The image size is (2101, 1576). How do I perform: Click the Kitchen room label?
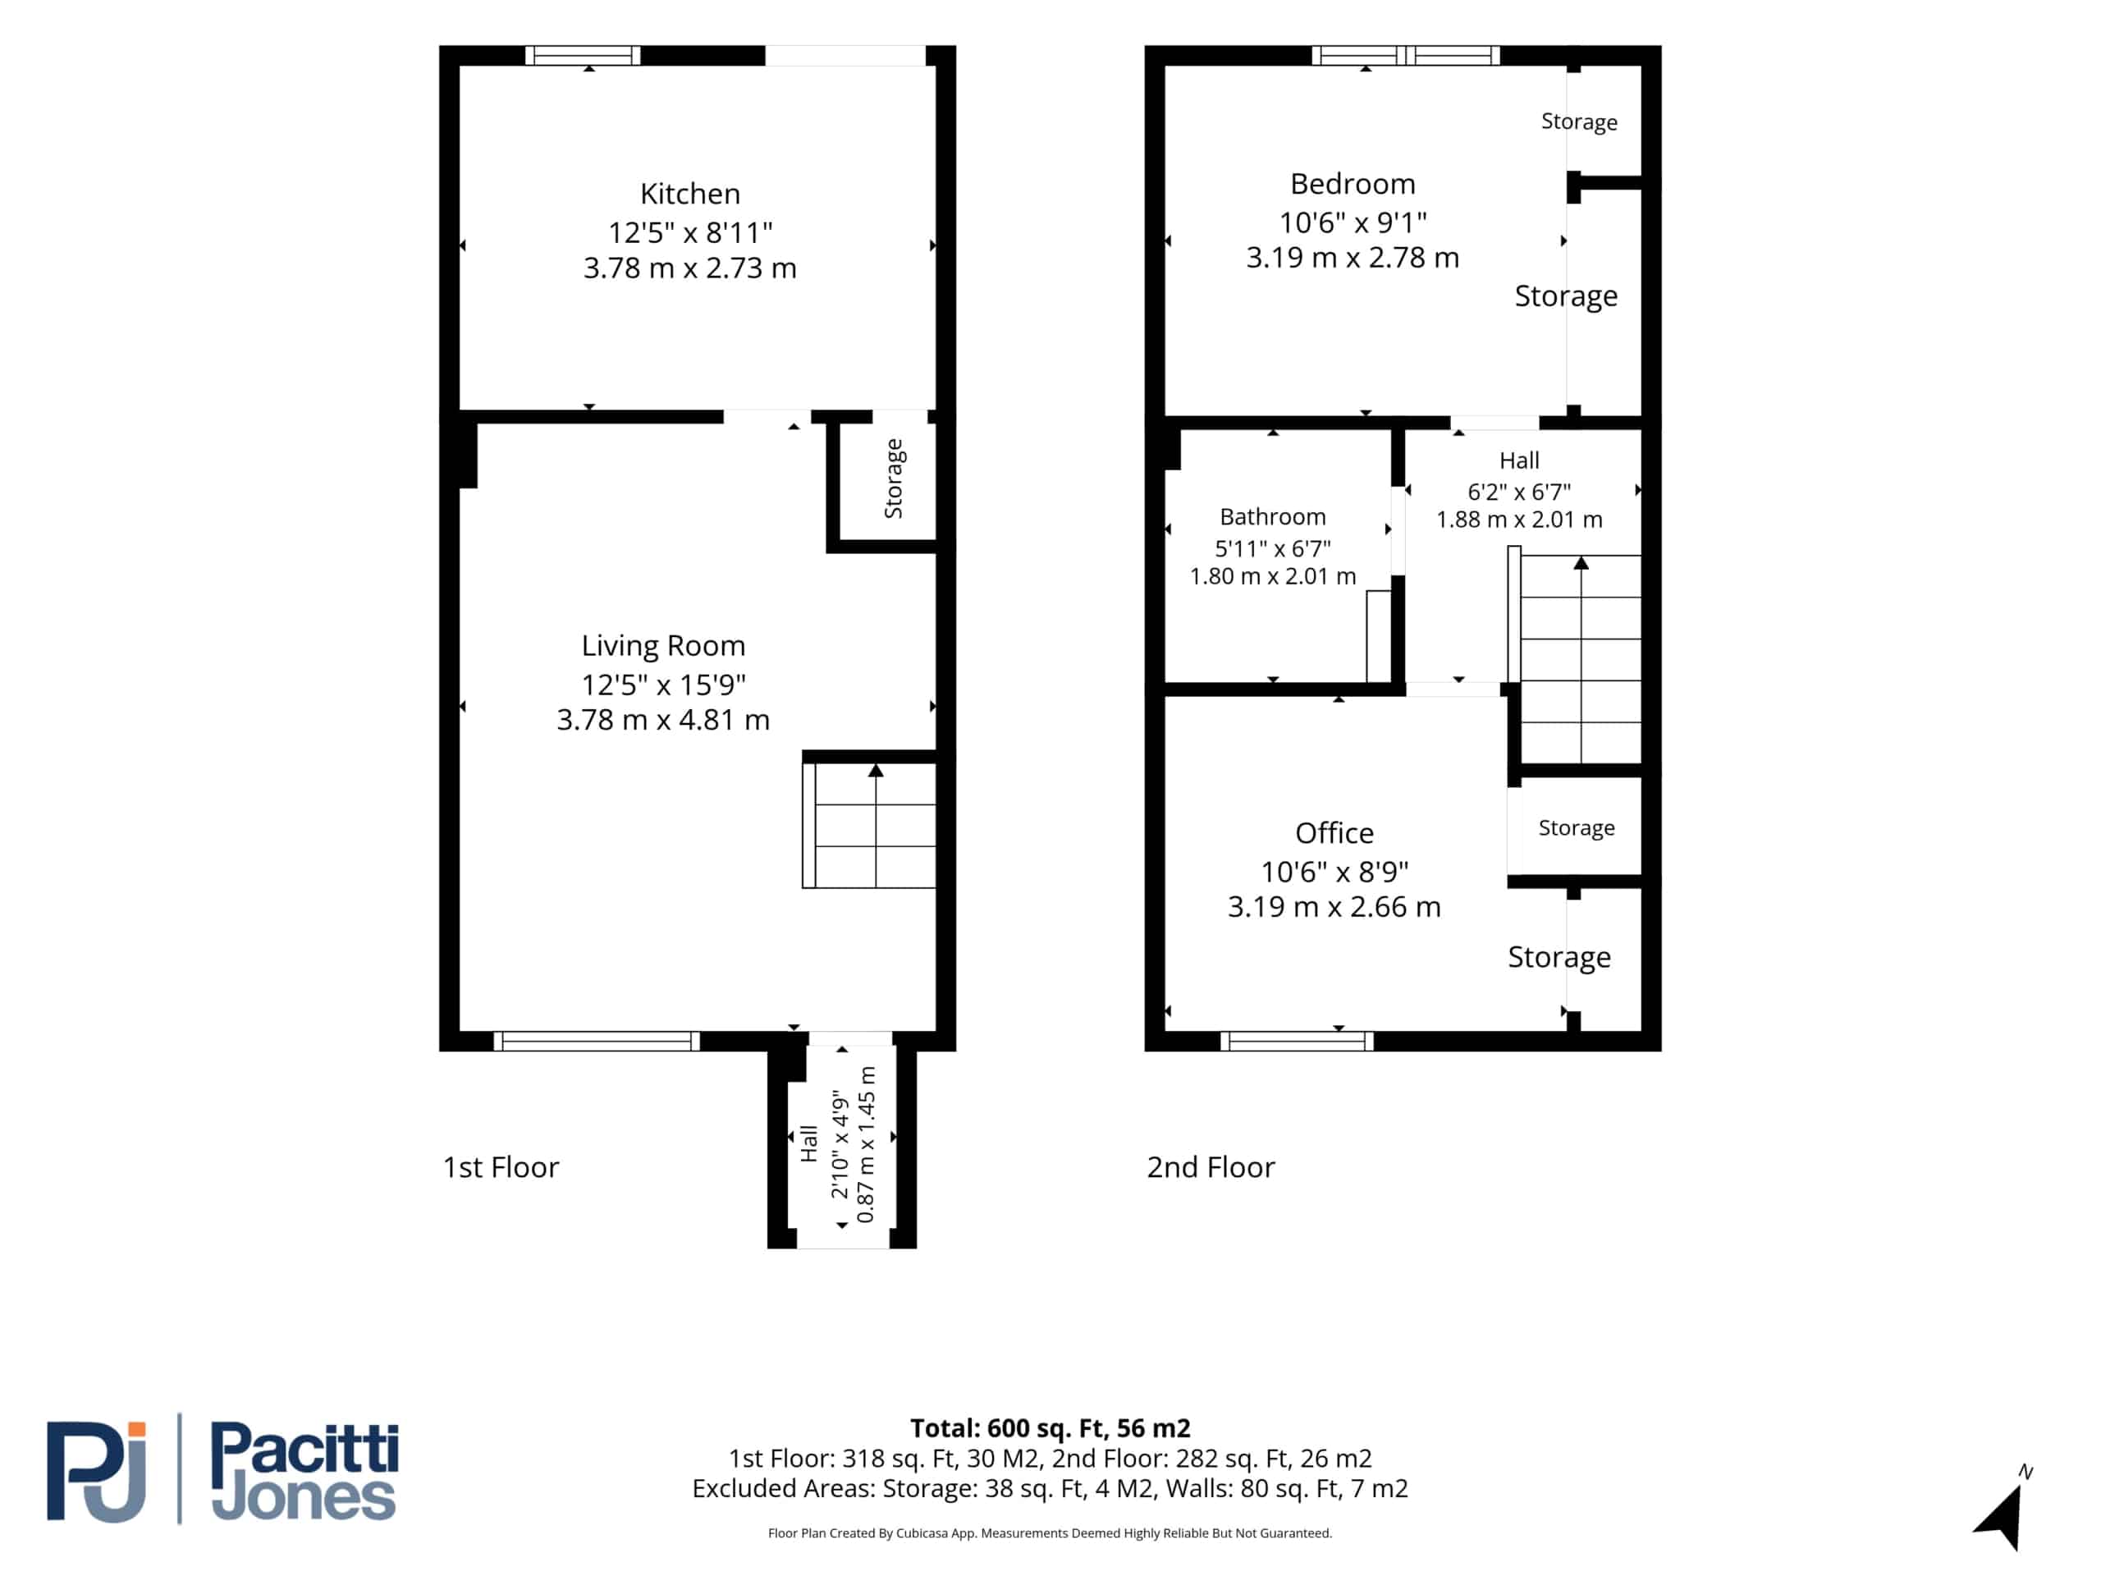[x=689, y=194]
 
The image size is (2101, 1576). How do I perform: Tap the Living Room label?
[x=663, y=646]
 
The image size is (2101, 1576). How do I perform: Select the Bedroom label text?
[x=1353, y=185]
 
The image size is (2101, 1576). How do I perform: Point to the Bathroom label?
[x=1273, y=517]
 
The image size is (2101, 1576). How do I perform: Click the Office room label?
[x=1334, y=833]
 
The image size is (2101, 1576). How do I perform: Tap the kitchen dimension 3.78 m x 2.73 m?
[x=689, y=268]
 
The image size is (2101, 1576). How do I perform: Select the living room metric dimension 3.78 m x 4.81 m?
[x=663, y=720]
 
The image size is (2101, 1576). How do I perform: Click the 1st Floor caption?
[x=501, y=1167]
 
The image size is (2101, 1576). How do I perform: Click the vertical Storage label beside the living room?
[x=894, y=479]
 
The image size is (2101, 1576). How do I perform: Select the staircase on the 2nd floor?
[x=1576, y=659]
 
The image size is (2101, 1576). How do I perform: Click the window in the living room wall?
[x=597, y=1041]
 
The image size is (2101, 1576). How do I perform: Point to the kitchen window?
[x=584, y=56]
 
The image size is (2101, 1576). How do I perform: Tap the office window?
[x=1297, y=1041]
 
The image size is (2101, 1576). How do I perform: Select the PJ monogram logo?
[x=97, y=1472]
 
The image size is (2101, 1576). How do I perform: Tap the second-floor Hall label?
[x=1519, y=460]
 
